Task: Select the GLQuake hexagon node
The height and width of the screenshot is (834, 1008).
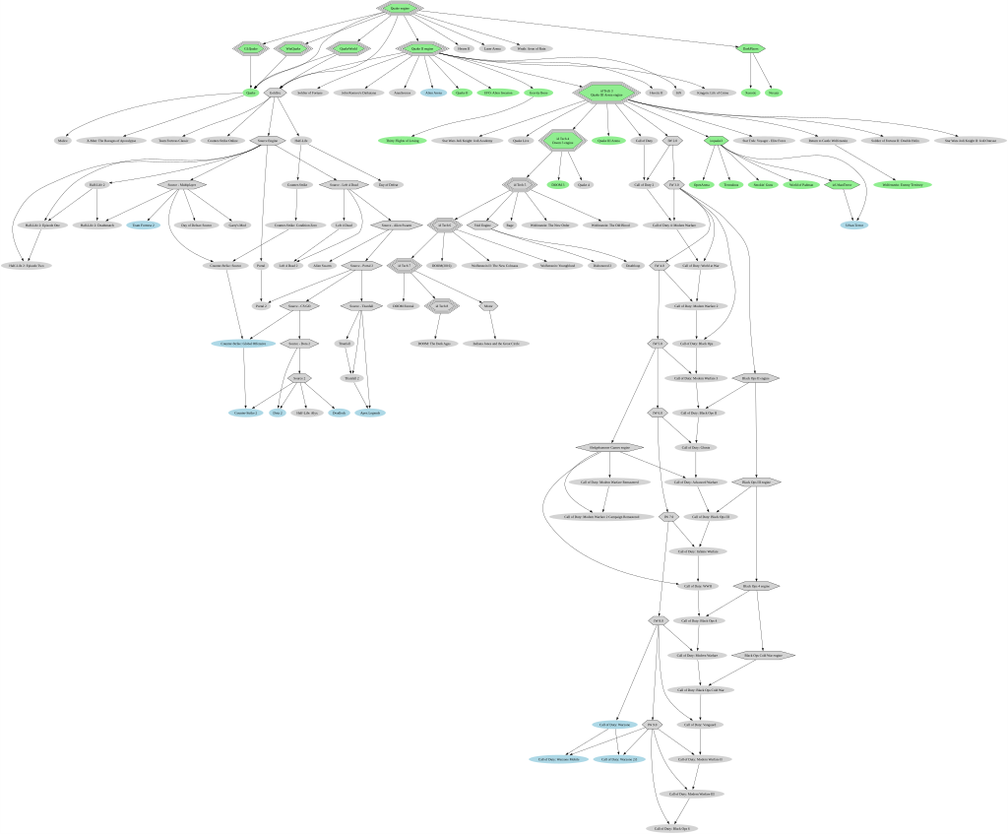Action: pyautogui.click(x=251, y=48)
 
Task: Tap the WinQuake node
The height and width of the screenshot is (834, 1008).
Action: pyautogui.click(x=293, y=48)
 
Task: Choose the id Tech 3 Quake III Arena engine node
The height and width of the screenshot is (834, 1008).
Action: pyautogui.click(x=606, y=94)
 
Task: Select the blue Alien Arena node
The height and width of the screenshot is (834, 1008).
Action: pyautogui.click(x=432, y=93)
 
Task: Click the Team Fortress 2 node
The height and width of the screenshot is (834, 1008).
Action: pyautogui.click(x=143, y=225)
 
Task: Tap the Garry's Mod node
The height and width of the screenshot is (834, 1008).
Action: pyautogui.click(x=237, y=225)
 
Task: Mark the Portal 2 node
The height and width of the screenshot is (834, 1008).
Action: pyautogui.click(x=260, y=306)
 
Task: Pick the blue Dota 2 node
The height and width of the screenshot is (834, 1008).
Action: pyautogui.click(x=278, y=413)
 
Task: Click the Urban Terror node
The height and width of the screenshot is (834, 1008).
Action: pyautogui.click(x=852, y=225)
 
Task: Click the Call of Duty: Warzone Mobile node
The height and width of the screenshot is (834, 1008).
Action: pyautogui.click(x=562, y=759)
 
